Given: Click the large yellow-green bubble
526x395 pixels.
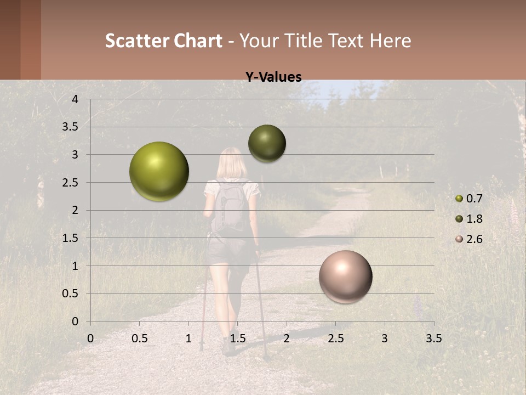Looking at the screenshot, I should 159,171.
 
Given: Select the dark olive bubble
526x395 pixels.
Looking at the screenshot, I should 267,143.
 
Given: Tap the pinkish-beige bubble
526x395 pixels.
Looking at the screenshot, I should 345,276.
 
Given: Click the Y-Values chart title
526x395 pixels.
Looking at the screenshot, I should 273,77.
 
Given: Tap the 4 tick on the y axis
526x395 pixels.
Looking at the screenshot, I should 75,99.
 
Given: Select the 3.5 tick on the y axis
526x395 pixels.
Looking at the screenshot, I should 71,127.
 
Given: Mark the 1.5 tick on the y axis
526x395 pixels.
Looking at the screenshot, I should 71,238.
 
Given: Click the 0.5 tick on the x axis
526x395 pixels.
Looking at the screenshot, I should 140,338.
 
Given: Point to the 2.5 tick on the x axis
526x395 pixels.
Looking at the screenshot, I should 336,338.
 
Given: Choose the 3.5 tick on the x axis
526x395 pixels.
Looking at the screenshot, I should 433,338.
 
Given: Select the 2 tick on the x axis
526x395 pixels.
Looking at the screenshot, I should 287,338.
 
